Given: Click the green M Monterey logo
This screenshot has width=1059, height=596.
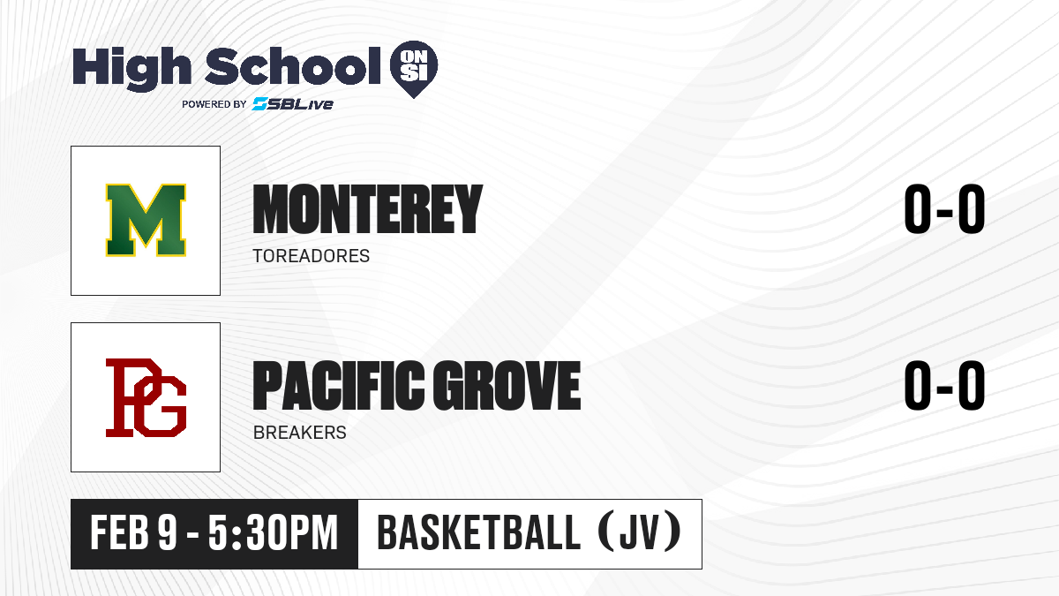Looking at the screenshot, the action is tap(146, 220).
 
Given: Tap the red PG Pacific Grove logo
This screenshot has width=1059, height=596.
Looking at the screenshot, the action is tap(146, 397).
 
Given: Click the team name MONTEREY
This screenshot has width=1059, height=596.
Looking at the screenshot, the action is tap(367, 209).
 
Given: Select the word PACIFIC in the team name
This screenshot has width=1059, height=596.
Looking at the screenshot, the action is tap(339, 385).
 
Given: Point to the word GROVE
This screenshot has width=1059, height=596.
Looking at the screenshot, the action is tap(507, 385).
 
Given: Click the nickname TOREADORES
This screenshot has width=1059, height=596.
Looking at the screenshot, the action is tap(311, 256).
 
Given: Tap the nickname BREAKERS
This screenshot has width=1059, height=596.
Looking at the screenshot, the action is tap(300, 433).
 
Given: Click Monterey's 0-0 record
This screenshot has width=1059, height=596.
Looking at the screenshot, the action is tap(944, 209).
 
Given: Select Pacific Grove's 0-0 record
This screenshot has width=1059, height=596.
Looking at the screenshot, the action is tap(944, 385).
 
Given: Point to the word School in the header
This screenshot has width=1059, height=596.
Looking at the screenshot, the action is tap(293, 65).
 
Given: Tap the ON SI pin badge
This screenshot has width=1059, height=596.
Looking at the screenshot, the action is tap(414, 69).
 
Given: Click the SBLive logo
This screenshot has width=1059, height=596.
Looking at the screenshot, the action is tap(293, 103).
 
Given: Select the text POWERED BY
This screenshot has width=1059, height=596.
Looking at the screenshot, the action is tap(214, 104).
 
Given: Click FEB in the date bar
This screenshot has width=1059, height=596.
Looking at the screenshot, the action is tap(119, 533).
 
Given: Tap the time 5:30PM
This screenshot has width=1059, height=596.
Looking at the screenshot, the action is tap(274, 533).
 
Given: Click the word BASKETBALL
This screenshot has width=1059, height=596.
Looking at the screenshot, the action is tap(478, 533).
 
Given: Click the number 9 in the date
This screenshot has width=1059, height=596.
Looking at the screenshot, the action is tap(168, 533).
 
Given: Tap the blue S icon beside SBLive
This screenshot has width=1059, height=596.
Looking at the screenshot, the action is tap(260, 103).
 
